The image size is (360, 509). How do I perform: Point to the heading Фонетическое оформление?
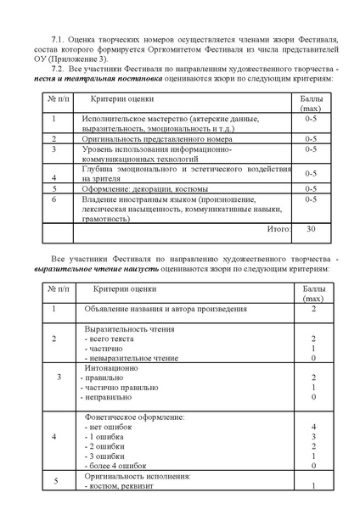[x=135, y=417]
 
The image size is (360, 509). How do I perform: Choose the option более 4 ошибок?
[x=119, y=466]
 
